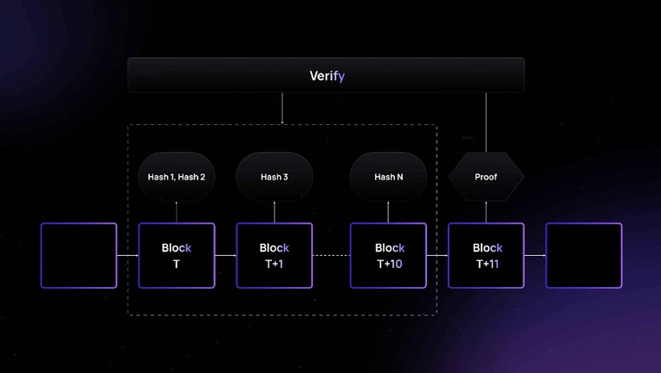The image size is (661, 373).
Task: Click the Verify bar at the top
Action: point(326,75)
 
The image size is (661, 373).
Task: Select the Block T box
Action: point(177,256)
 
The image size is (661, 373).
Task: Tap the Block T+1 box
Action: point(275,256)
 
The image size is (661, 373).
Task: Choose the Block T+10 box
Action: point(388,256)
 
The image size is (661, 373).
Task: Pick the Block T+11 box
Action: point(486,256)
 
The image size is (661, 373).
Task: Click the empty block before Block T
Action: point(79,256)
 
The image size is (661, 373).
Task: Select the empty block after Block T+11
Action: point(584,256)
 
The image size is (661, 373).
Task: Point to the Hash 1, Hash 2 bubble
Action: point(177,177)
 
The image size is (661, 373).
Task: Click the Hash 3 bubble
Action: point(275,177)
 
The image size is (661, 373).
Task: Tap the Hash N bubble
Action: point(388,177)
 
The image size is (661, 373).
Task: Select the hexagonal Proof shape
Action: point(486,177)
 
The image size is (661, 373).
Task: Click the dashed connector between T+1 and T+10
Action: point(331,256)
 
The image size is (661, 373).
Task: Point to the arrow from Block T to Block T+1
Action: point(225,256)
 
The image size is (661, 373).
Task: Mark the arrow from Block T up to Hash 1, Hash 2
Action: point(177,213)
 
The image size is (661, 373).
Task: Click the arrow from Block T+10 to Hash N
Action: point(388,213)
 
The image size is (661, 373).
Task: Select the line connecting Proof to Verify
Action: point(486,121)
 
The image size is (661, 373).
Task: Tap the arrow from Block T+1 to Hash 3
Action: point(275,213)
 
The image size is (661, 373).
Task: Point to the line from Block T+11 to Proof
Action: point(486,213)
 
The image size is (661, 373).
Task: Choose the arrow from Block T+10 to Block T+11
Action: point(437,256)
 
